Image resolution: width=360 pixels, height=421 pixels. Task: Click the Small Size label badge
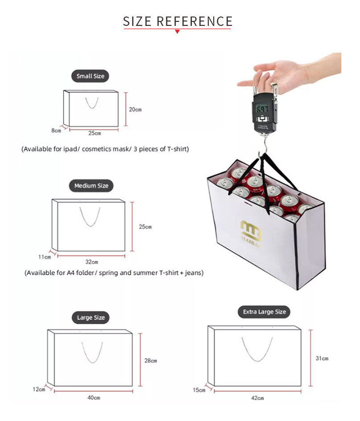[90, 76]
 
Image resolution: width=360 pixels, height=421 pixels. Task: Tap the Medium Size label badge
[91, 186]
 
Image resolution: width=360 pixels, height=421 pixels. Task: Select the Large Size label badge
[91, 317]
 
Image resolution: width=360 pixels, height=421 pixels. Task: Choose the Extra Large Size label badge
[264, 312]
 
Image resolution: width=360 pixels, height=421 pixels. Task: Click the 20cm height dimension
[135, 109]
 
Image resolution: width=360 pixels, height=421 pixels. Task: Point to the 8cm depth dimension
[56, 130]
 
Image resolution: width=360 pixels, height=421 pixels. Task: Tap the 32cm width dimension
[92, 262]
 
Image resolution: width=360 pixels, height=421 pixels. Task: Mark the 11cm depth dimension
[45, 257]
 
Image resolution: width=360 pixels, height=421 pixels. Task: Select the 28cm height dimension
[151, 361]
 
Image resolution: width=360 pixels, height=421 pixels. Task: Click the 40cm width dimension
[94, 398]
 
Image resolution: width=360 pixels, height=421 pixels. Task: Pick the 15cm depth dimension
[199, 390]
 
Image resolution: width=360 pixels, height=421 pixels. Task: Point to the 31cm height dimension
[322, 358]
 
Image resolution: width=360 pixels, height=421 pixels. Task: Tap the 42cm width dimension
[257, 398]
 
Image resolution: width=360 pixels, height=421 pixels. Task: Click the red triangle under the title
[177, 31]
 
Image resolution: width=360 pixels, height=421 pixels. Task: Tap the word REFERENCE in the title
[194, 21]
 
